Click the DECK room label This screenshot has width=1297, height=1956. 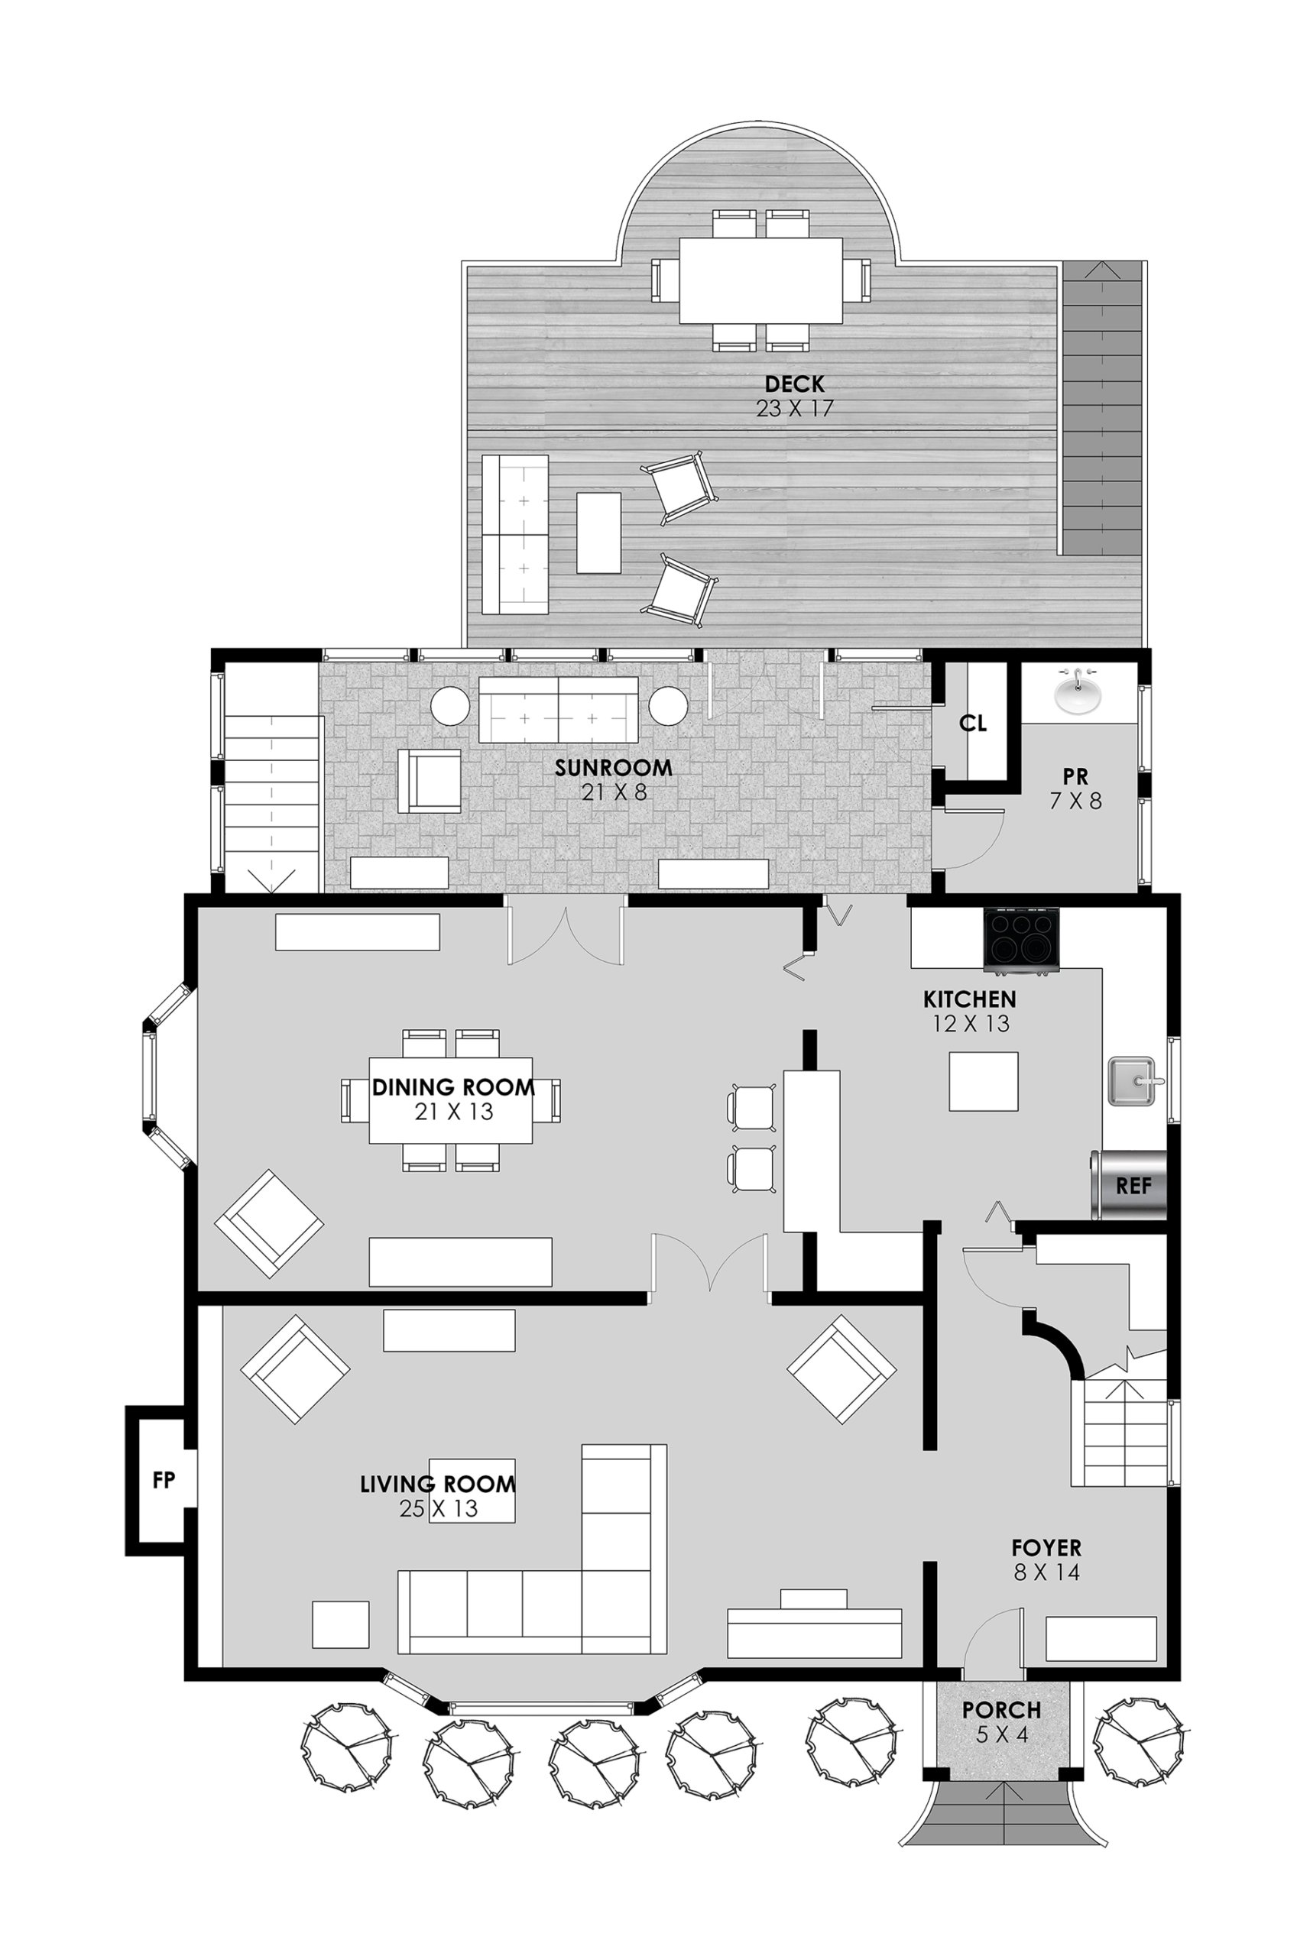(794, 384)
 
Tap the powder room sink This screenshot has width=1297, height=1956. (1077, 692)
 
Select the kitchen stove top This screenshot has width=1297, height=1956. (1021, 938)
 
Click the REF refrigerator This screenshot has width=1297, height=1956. (1130, 1186)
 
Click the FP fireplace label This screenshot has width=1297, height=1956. (164, 1480)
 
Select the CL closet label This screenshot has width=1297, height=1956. (973, 724)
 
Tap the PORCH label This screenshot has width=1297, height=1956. (1001, 1710)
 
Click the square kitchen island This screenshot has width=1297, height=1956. (983, 1081)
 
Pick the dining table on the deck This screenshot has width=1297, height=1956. (761, 281)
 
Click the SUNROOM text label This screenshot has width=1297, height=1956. (613, 768)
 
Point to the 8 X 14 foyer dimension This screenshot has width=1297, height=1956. (1046, 1572)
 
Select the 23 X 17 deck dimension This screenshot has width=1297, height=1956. (794, 409)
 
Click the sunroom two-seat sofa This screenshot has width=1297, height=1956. (559, 709)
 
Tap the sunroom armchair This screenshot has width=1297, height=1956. (430, 781)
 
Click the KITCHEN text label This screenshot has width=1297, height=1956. (969, 999)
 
